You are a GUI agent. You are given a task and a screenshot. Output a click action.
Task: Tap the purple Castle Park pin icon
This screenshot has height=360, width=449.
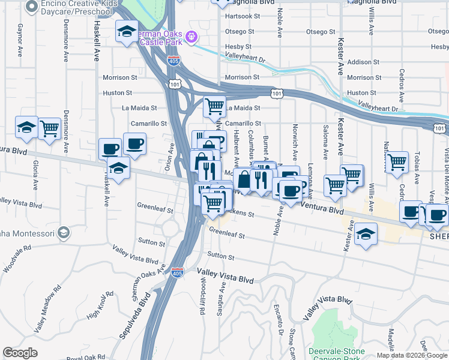coord(191,37)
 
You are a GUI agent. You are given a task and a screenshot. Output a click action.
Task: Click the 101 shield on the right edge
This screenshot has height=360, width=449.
coord(440,127)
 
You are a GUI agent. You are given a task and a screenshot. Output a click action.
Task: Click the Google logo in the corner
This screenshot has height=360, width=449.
coord(20,353)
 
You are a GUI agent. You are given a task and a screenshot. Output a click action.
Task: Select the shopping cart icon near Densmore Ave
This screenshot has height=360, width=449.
coord(49,128)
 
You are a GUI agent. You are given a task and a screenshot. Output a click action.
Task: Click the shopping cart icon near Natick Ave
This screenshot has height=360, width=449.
coord(396,162)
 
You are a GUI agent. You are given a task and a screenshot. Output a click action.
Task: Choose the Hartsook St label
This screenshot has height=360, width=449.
coord(240,15)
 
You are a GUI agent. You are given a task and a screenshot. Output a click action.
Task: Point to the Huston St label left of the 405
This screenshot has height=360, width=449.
coord(117,93)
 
